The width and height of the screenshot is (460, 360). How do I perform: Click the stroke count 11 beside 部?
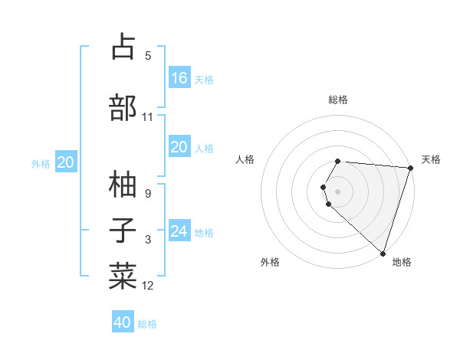[148, 117]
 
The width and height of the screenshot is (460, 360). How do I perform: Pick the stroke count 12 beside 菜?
[148, 286]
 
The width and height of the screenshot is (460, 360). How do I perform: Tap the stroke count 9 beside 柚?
[148, 194]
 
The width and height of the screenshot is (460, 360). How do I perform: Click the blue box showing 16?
[179, 77]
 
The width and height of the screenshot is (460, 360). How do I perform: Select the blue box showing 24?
[179, 231]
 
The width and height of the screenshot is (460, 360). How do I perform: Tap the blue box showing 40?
[123, 322]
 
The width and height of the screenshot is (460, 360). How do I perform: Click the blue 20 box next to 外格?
[66, 162]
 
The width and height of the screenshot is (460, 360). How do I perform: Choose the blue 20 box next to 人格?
[179, 147]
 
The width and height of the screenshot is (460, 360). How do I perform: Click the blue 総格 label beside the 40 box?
[147, 324]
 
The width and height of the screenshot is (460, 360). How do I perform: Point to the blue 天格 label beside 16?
[203, 79]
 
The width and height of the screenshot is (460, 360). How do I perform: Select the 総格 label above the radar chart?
[338, 100]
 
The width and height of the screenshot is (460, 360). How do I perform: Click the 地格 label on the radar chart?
[402, 262]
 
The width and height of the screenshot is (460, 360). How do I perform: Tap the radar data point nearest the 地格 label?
[383, 253]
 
